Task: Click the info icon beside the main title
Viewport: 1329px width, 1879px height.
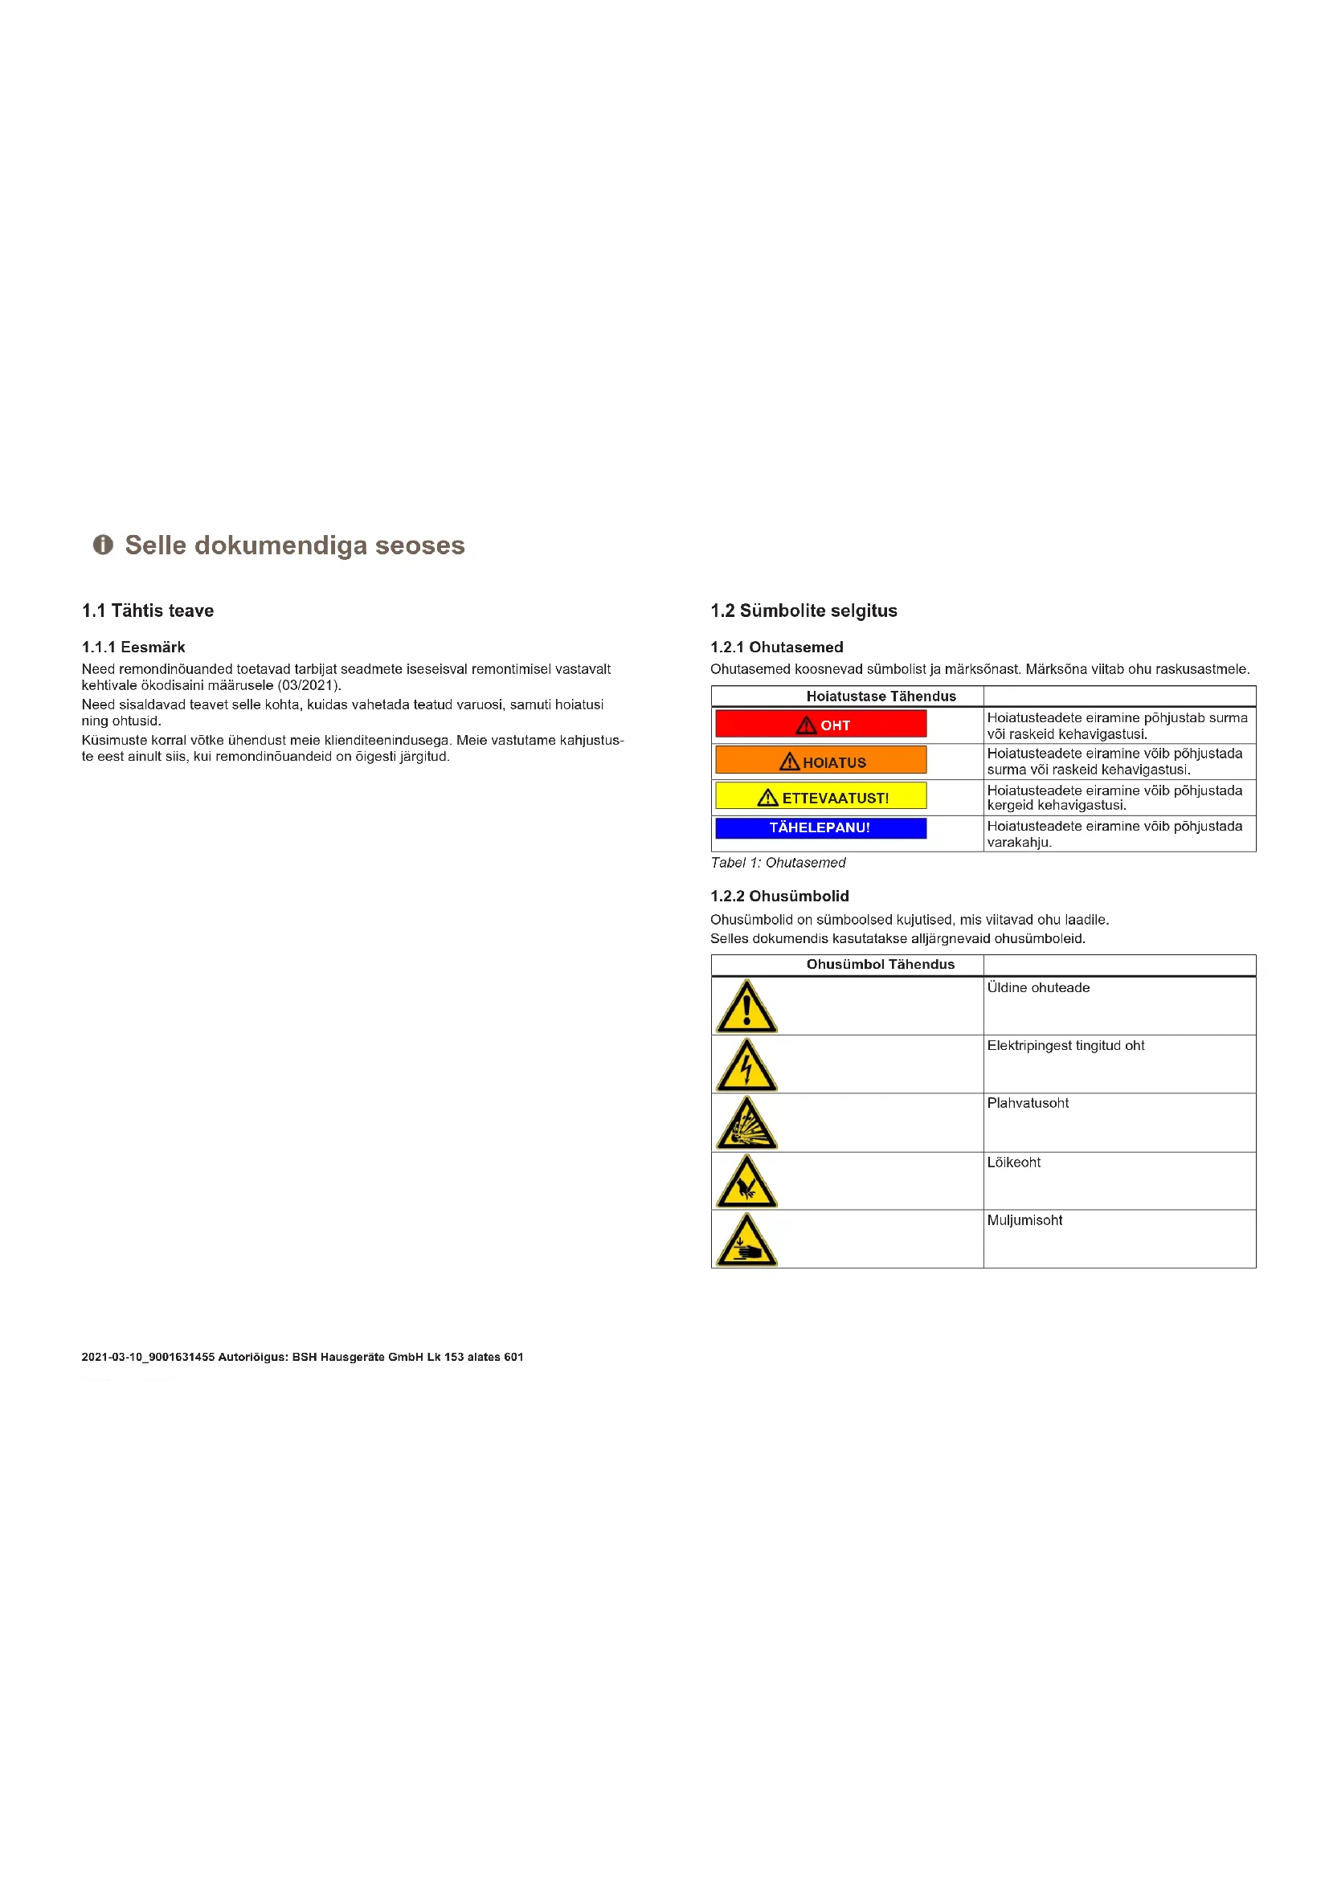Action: pos(102,544)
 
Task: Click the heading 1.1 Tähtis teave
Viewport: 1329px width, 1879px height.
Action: pos(147,611)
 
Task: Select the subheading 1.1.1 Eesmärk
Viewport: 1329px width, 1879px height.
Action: pos(133,647)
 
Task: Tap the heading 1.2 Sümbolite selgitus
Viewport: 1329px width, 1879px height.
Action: pos(804,611)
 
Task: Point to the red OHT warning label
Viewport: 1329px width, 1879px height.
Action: pos(821,725)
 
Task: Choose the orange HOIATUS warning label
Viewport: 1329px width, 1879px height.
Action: pos(821,760)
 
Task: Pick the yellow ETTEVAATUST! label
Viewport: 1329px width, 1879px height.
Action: pos(821,796)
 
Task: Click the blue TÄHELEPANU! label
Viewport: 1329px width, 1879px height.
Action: pos(821,828)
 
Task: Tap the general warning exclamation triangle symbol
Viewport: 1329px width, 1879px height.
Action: pos(746,1008)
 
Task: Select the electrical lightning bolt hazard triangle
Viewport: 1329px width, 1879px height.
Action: pos(746,1067)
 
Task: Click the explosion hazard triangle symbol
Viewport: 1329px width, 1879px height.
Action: pos(746,1125)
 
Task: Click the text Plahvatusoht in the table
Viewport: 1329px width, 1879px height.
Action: pos(1028,1103)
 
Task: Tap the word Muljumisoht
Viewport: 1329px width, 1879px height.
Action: pos(1024,1220)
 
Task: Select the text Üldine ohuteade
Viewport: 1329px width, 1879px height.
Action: pos(1038,988)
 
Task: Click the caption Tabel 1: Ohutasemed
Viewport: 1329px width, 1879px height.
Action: pos(778,863)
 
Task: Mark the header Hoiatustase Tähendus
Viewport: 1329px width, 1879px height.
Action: pos(881,696)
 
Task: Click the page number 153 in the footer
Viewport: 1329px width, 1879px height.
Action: pos(454,1357)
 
